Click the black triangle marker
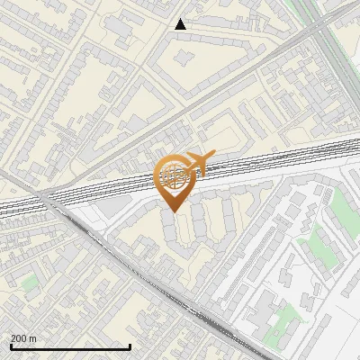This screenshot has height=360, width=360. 180,24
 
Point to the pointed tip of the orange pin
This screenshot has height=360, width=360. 174,211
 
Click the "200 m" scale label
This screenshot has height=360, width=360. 23,338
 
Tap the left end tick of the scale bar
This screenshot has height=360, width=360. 10,346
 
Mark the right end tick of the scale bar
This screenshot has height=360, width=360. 130,346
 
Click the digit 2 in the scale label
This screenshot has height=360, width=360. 13,338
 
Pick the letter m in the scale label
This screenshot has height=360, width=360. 33,338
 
